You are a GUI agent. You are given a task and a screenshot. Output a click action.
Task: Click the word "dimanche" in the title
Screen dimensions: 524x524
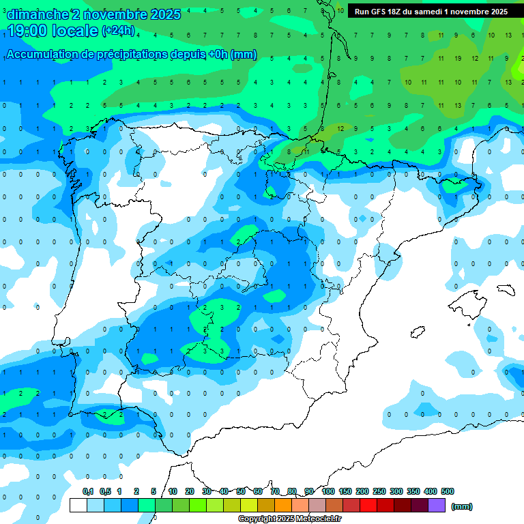(x=38, y=14)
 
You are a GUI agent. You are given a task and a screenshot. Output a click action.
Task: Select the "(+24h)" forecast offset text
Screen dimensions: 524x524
(x=118, y=31)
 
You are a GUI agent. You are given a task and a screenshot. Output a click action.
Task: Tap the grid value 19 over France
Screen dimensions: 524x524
(x=457, y=59)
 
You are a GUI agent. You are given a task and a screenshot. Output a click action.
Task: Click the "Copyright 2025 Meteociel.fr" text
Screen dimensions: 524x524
(x=289, y=519)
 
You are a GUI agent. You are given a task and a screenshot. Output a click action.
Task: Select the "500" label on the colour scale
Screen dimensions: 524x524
(x=448, y=491)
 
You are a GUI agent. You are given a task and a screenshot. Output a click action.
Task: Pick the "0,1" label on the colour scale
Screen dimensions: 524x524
(x=88, y=491)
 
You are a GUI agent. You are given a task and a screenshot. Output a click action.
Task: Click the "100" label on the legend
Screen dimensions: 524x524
(x=328, y=491)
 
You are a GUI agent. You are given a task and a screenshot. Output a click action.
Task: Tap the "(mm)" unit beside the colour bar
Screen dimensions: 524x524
(x=462, y=506)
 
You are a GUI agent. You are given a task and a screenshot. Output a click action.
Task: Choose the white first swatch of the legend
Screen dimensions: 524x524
(x=78, y=506)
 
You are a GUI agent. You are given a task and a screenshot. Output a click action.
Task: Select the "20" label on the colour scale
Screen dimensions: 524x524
(x=190, y=491)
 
